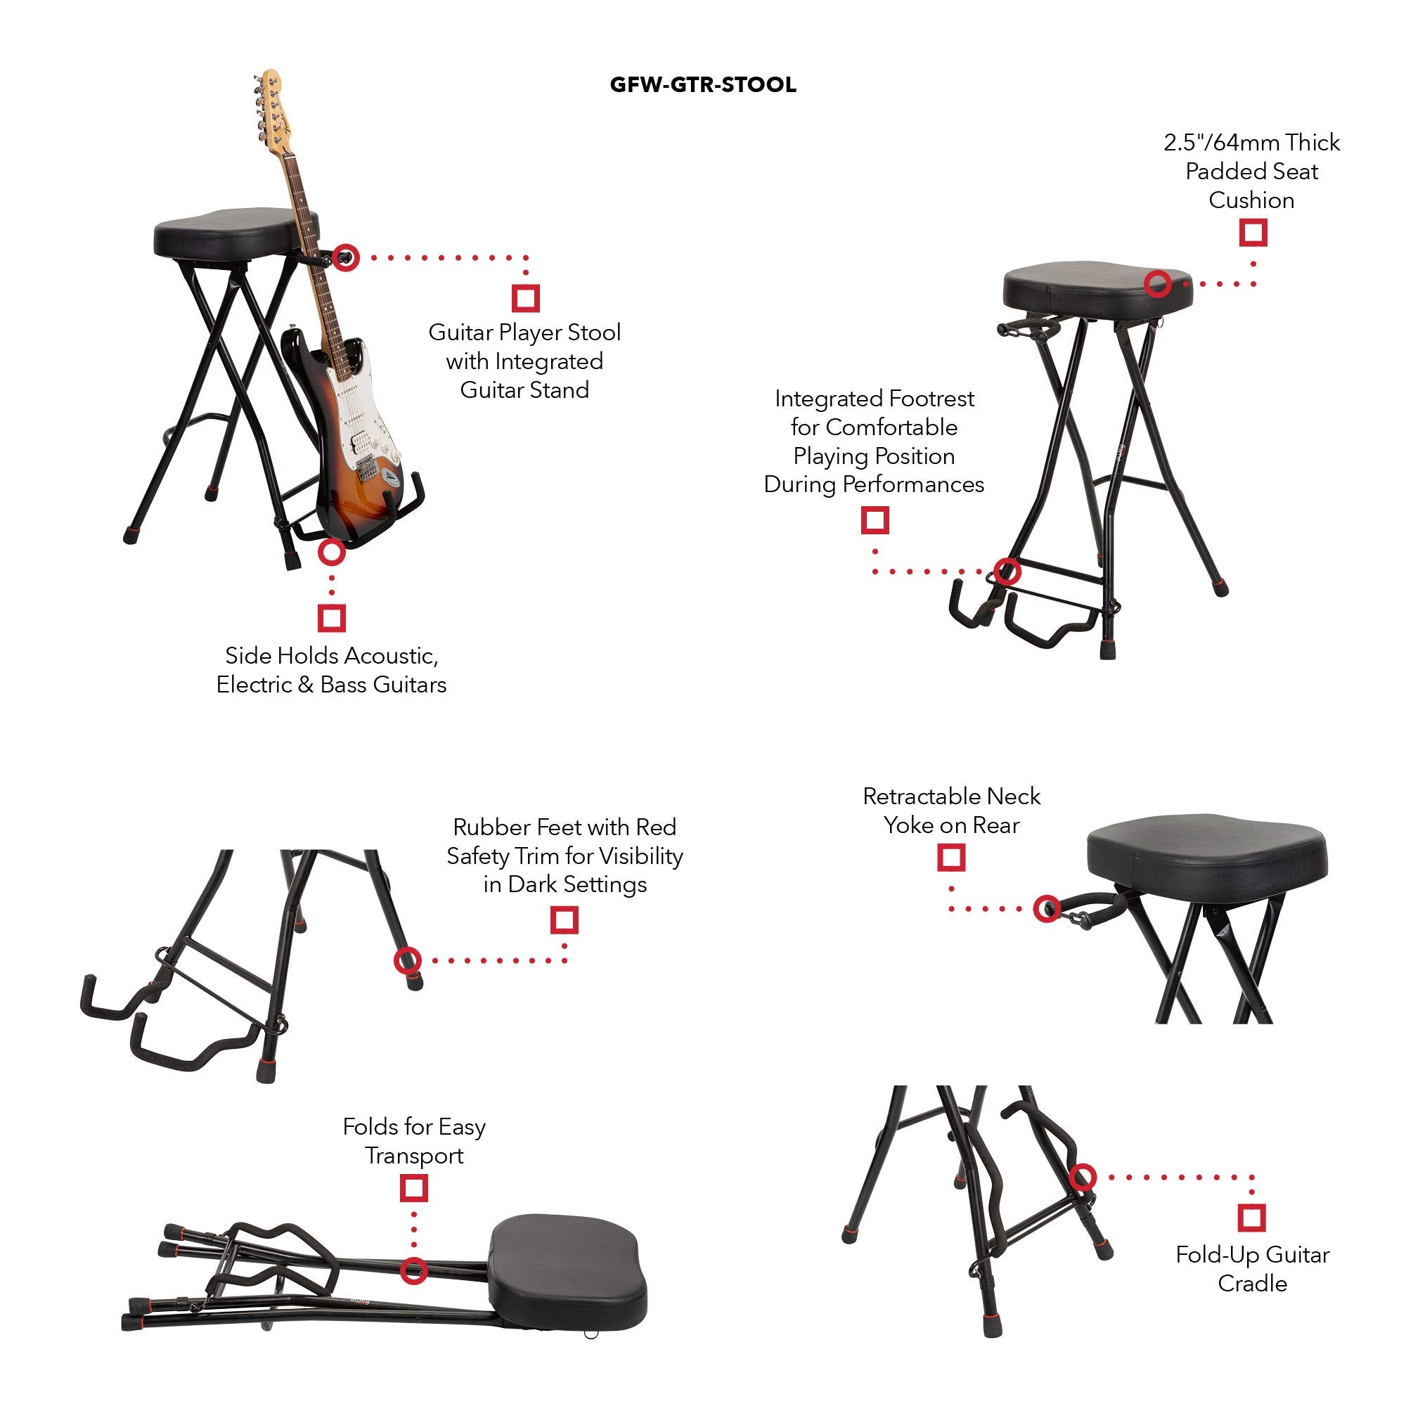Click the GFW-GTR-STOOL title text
[x=702, y=85]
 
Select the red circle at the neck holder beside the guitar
[x=347, y=257]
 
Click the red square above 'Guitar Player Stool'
[x=525, y=297]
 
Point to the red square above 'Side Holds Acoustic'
[x=332, y=618]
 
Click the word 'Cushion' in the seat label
[x=1251, y=200]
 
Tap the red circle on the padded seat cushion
[x=1157, y=283]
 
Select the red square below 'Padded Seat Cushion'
[x=1253, y=233]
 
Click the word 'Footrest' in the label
[x=931, y=399]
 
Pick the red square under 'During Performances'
[x=875, y=520]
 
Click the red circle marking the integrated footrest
[x=1007, y=572]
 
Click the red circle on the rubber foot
[x=408, y=960]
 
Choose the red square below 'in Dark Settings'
[x=564, y=920]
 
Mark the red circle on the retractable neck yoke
[x=1047, y=908]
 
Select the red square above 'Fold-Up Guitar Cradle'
[x=1252, y=1217]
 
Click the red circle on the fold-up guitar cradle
[x=1083, y=1177]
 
